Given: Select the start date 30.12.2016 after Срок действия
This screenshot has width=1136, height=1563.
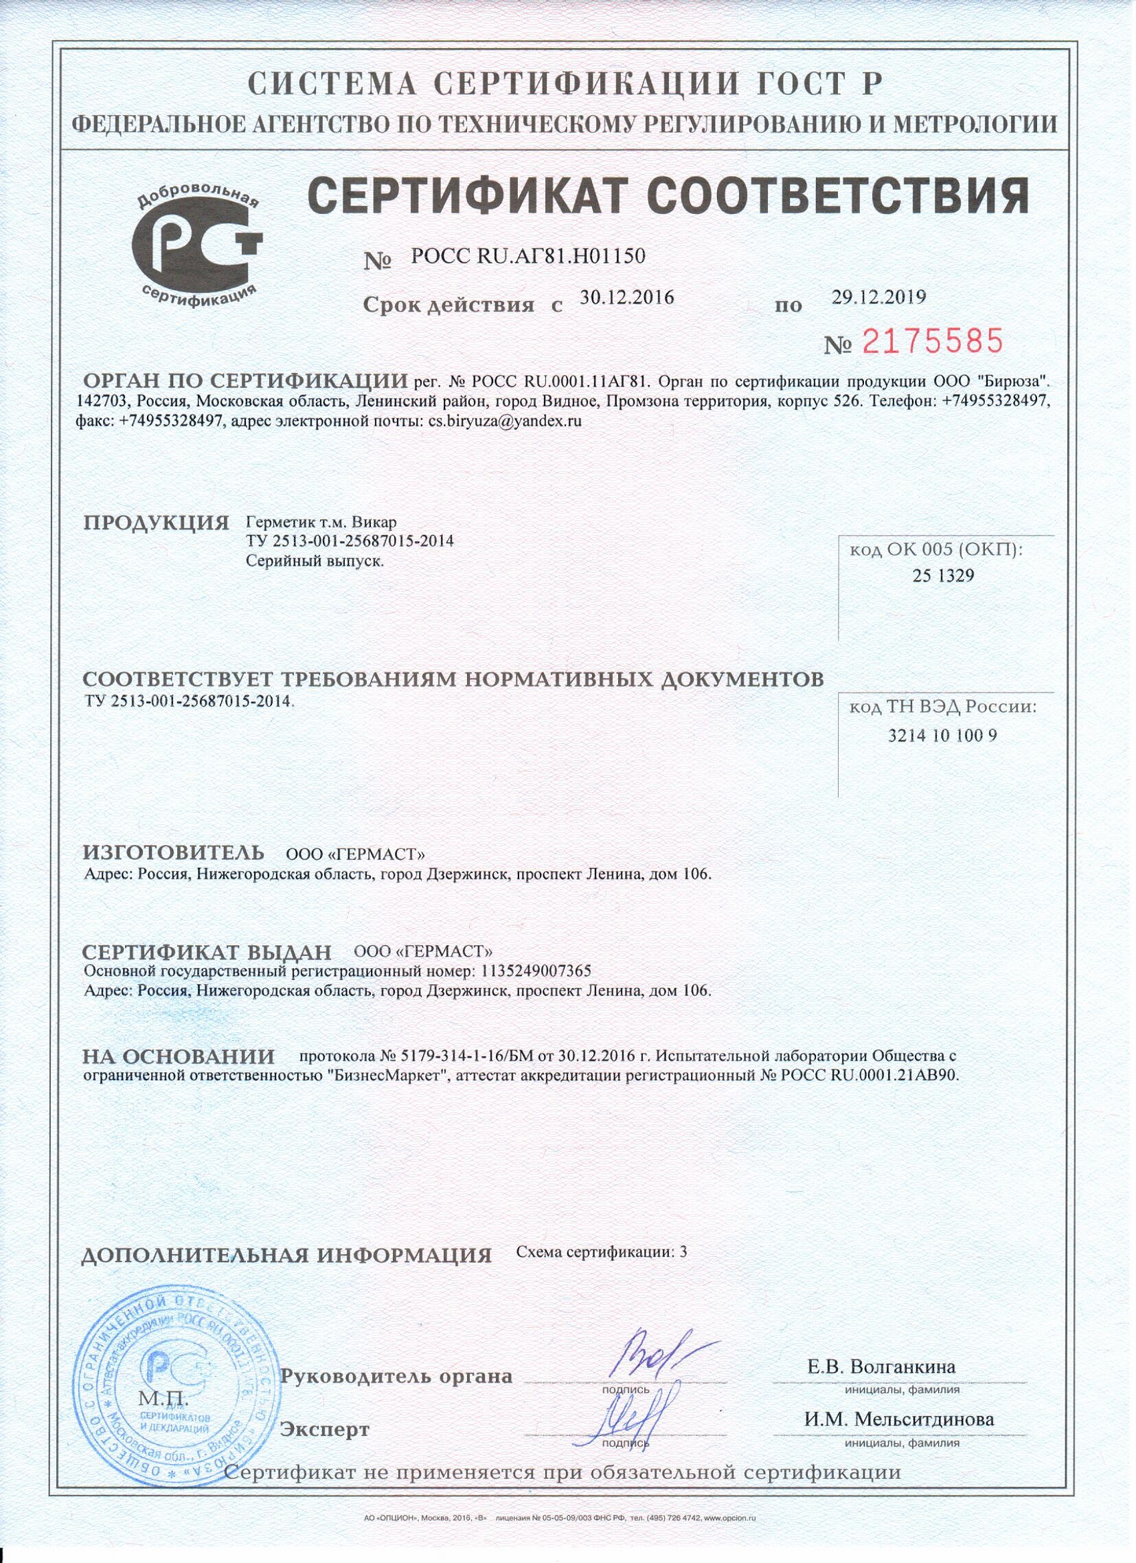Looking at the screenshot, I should pyautogui.click(x=626, y=297).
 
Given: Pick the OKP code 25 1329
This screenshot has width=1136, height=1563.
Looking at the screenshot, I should pyautogui.click(x=943, y=576).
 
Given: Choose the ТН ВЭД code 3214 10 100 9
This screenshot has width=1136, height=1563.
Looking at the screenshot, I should pyautogui.click(x=942, y=736).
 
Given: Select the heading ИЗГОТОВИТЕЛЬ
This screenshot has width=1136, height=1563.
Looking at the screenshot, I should pyautogui.click(x=174, y=853).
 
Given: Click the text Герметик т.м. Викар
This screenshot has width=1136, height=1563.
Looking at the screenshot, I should pyautogui.click(x=321, y=521).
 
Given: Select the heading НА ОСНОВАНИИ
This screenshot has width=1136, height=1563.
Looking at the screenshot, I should pyautogui.click(x=178, y=1056).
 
